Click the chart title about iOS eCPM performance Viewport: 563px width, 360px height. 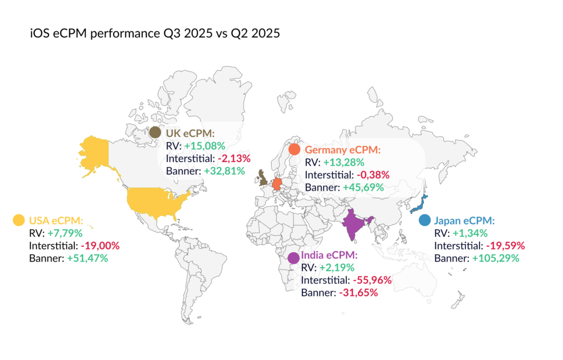click(155, 34)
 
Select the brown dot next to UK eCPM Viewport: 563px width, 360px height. click(156, 132)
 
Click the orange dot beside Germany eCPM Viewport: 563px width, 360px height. click(295, 149)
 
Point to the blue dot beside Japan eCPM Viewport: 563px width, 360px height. click(424, 220)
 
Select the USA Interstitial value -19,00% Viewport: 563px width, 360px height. click(100, 245)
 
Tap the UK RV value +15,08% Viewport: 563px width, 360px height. click(204, 146)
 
